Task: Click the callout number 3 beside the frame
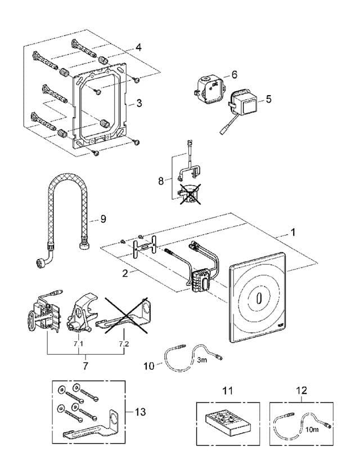(x=138, y=104)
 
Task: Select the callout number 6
(x=234, y=74)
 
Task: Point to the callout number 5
(x=268, y=99)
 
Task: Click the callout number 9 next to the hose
(x=103, y=220)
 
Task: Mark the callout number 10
(x=148, y=365)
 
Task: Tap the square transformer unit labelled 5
(x=244, y=101)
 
